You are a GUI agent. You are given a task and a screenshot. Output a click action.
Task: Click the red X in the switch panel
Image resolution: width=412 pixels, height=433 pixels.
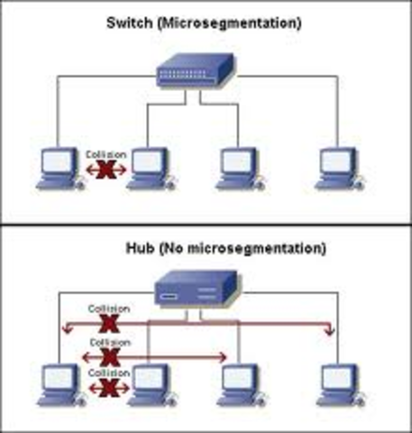point(105,169)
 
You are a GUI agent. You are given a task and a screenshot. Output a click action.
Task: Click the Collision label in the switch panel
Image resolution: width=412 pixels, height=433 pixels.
point(102,153)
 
